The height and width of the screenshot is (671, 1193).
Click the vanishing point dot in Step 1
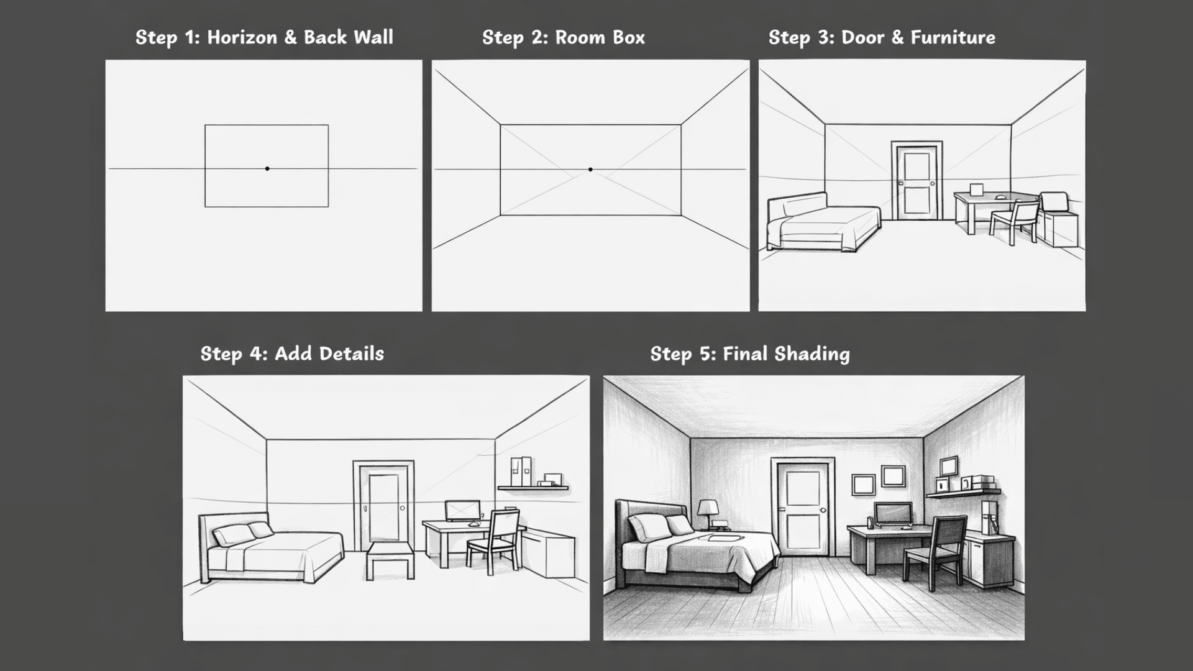267,168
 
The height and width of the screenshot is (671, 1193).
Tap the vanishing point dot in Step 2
590,169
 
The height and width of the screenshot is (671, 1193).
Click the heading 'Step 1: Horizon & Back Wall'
264,37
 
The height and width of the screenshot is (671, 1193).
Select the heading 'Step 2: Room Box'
564,37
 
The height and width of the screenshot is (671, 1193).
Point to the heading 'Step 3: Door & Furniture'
882,37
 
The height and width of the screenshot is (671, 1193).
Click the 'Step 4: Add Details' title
292,354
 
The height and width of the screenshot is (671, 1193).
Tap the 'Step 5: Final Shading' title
750,354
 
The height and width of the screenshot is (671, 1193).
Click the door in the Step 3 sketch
917,181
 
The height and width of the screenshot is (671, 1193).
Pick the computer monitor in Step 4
462,511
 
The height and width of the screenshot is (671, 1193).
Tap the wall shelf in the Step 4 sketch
533,488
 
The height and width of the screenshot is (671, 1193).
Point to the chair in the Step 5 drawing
935,553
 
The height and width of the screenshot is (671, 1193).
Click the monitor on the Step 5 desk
894,514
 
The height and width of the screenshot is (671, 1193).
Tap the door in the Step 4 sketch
383,506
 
